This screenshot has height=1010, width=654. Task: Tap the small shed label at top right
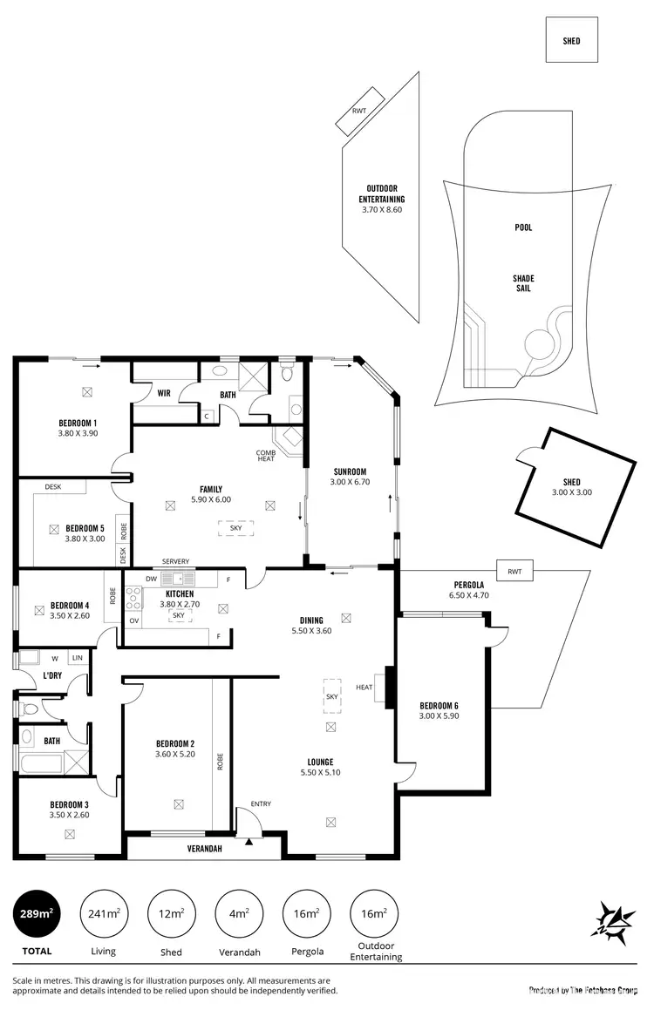tap(571, 41)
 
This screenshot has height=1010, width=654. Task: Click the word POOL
tap(522, 227)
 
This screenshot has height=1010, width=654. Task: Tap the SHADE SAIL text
tap(522, 283)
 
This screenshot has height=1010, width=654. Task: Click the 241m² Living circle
tap(104, 913)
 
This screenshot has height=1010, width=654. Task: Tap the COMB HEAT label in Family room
tap(265, 456)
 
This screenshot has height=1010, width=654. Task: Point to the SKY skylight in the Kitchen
tap(178, 615)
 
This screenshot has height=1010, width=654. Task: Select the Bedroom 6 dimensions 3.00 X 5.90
tap(439, 716)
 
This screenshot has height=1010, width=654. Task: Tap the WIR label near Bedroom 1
tap(164, 393)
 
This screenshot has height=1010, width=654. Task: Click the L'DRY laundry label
tap(51, 676)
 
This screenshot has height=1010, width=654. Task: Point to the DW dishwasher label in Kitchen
tap(152, 578)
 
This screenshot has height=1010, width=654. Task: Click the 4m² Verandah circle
tap(239, 913)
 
